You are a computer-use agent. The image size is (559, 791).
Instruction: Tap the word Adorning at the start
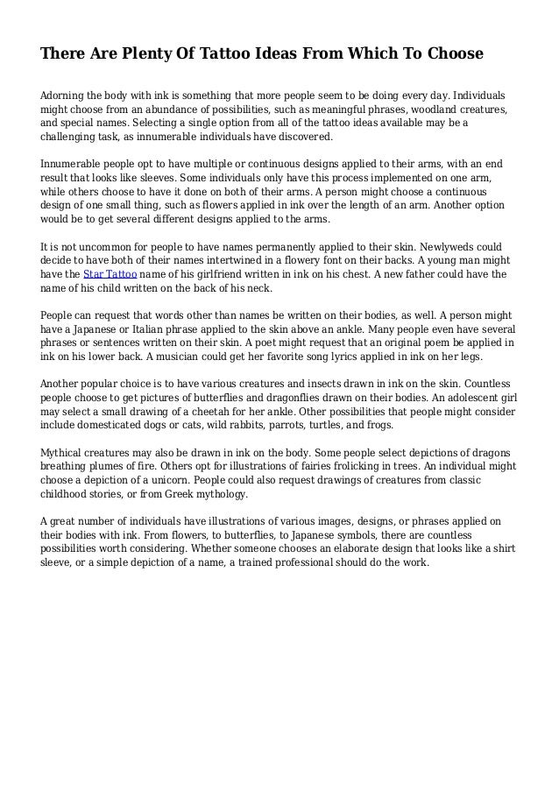pyautogui.click(x=65, y=93)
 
